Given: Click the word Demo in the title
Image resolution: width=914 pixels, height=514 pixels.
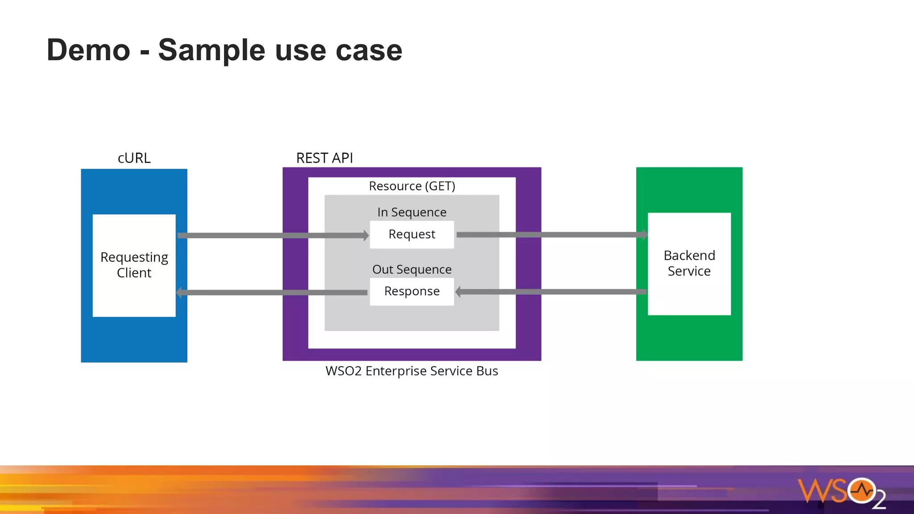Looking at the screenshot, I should pyautogui.click(x=88, y=50).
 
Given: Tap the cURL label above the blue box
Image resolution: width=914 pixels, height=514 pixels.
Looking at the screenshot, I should pyautogui.click(x=134, y=158).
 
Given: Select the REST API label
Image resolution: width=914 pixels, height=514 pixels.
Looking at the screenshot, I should pyautogui.click(x=324, y=158).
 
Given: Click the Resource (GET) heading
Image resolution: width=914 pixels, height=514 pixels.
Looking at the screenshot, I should pyautogui.click(x=412, y=186).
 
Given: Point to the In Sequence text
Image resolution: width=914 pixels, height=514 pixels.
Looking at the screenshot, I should pyautogui.click(x=412, y=212).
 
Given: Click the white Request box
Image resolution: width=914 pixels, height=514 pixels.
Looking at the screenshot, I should pyautogui.click(x=412, y=235).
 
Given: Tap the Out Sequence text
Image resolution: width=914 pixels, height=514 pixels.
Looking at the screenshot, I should pyautogui.click(x=412, y=269).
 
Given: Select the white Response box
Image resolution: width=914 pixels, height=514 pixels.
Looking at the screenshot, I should pyautogui.click(x=412, y=292).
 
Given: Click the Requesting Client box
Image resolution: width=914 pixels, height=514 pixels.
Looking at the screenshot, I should pyautogui.click(x=134, y=265).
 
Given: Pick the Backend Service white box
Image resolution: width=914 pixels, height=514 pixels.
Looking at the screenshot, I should pyautogui.click(x=689, y=264).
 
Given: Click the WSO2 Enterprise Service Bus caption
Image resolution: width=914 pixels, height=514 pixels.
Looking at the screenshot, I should pyautogui.click(x=411, y=371).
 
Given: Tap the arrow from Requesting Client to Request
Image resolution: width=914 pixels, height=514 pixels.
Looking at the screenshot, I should pyautogui.click(x=272, y=235).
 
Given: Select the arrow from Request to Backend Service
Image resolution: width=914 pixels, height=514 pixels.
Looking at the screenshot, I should pyautogui.click(x=551, y=235).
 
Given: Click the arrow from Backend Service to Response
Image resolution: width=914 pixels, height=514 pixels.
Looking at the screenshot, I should pyautogui.click(x=551, y=292).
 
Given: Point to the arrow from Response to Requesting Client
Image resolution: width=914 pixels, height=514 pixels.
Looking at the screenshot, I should pyautogui.click(x=272, y=293).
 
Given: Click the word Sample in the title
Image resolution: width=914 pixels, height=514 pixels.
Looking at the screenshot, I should pyautogui.click(x=212, y=50).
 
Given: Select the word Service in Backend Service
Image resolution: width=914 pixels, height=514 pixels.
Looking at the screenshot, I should pyautogui.click(x=689, y=271).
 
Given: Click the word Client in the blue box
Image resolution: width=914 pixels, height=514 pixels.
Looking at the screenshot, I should pyautogui.click(x=134, y=273).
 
